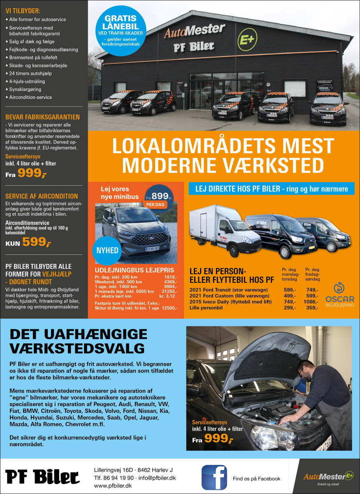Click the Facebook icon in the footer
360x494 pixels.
pyautogui.click(x=214, y=478)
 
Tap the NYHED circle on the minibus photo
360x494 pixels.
pyautogui.click(x=107, y=251)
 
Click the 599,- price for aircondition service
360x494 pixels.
pyautogui.click(x=37, y=242)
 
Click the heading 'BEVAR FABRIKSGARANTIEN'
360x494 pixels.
pyautogui.click(x=42, y=117)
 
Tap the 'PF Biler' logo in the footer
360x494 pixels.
pyautogui.click(x=43, y=477)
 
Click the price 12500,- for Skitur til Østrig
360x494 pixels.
pyautogui.click(x=170, y=308)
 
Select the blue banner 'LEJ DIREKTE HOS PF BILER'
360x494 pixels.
pyautogui.click(x=271, y=189)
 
